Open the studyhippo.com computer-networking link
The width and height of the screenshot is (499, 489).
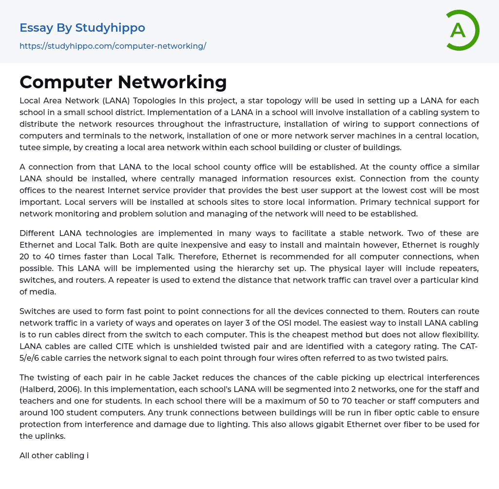click(x=113, y=46)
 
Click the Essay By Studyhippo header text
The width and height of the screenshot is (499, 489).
click(x=82, y=28)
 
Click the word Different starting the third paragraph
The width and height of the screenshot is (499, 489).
click(x=38, y=233)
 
